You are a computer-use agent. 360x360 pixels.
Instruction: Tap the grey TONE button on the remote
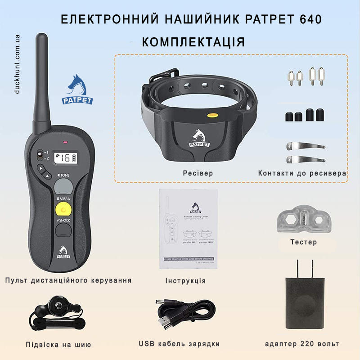click(x=63, y=185)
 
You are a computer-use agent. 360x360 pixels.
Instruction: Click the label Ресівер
click(x=198, y=173)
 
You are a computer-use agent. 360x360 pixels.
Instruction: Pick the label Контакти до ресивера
click(x=302, y=173)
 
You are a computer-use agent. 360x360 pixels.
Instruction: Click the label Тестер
click(x=303, y=242)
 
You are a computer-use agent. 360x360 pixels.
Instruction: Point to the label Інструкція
click(x=185, y=281)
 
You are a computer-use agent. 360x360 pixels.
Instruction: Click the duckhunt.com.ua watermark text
click(x=18, y=63)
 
